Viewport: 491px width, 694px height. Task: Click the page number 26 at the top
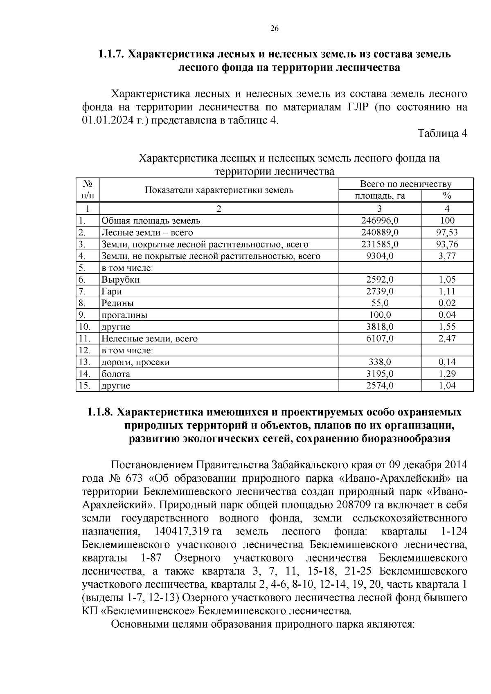(274, 28)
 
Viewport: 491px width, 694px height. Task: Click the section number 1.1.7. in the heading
(111, 54)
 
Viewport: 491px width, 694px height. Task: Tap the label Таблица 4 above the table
(442, 134)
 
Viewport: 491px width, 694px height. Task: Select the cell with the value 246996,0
(380, 221)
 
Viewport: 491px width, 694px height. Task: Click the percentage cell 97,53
(447, 233)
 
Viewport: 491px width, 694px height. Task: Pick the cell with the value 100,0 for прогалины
(380, 315)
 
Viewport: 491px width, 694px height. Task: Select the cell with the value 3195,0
(380, 374)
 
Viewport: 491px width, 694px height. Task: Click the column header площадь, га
(380, 196)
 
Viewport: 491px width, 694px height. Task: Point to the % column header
(447, 196)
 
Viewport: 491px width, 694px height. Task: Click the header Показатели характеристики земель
(218, 190)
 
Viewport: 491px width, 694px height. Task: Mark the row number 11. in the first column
(84, 339)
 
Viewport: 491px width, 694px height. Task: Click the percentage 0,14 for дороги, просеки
(447, 362)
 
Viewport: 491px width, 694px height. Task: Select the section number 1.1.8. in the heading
(100, 412)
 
